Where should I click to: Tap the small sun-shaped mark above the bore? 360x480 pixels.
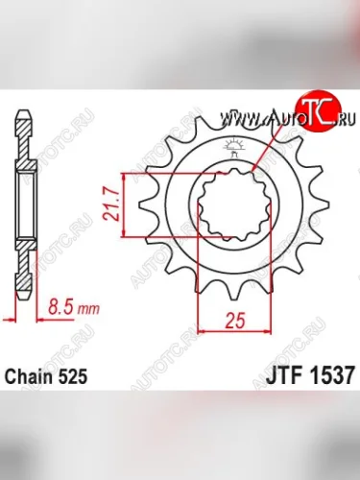pyautogui.click(x=233, y=147)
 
